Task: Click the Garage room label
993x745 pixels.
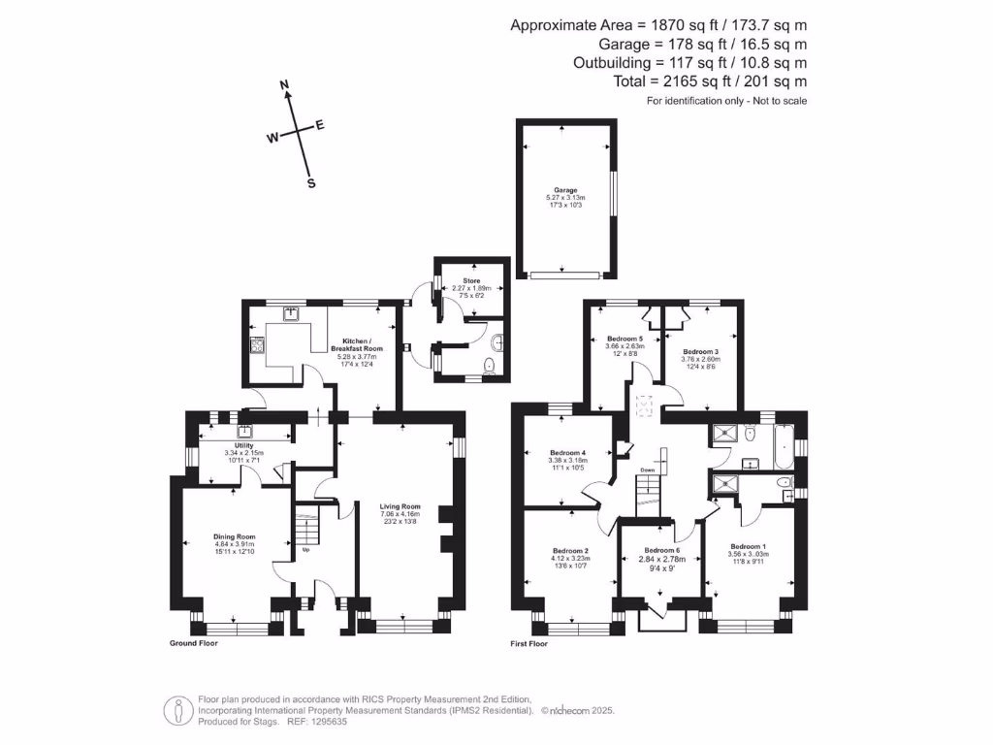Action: (x=565, y=191)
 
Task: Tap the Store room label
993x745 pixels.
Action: (x=470, y=281)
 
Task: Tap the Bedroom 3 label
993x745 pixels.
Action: (x=700, y=352)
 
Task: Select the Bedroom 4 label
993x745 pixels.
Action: (x=566, y=453)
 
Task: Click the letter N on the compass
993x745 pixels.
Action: (x=285, y=86)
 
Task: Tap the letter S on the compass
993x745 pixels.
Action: (x=311, y=183)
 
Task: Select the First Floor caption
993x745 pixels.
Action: (x=529, y=643)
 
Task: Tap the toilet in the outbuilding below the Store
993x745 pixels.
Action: (x=490, y=364)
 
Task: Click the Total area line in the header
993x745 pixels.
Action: (x=710, y=82)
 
